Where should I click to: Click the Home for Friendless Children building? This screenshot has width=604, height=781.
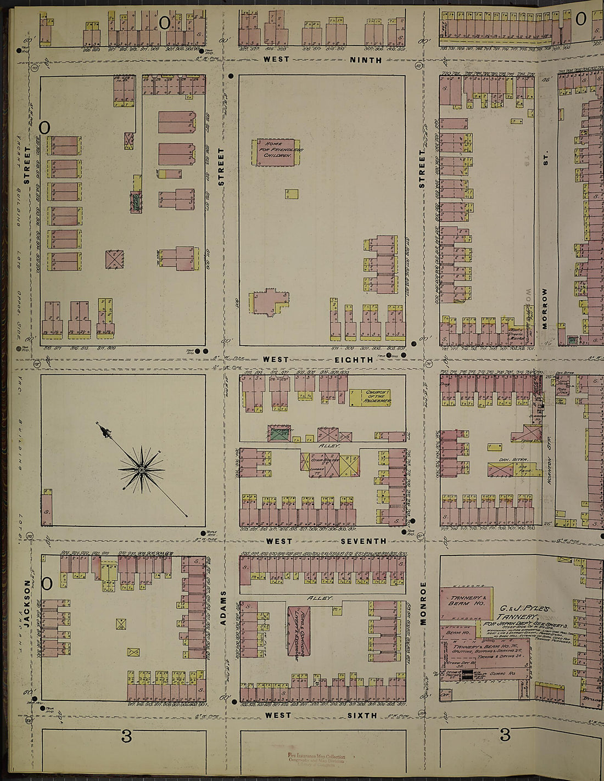(x=276, y=151)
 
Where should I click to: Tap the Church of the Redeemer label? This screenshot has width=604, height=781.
(x=377, y=397)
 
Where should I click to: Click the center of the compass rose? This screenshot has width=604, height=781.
(x=142, y=470)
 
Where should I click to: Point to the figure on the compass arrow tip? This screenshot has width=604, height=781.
(x=105, y=431)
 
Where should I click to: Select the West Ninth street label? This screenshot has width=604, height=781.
(x=322, y=59)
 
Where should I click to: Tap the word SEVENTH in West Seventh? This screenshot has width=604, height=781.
(x=363, y=541)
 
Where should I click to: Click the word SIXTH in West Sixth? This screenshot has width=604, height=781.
(x=362, y=715)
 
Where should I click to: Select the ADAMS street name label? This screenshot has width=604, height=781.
(x=223, y=608)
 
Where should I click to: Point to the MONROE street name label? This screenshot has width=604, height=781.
(x=423, y=604)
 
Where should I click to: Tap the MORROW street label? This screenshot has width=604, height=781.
(x=545, y=308)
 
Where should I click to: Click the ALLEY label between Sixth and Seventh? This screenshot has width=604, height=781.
(x=319, y=598)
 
